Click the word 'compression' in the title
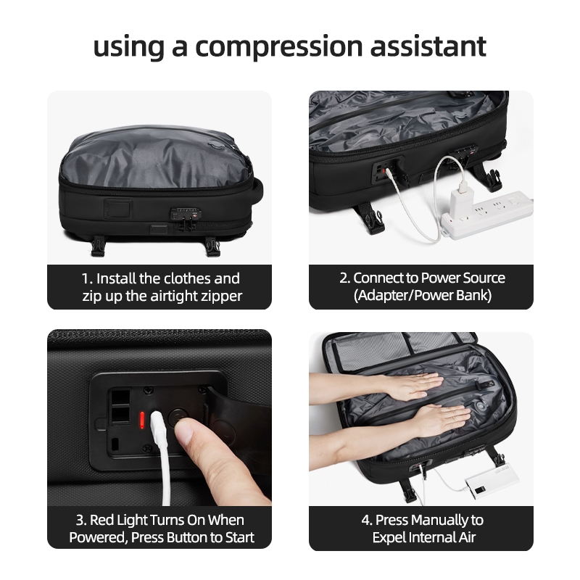tap(279, 47)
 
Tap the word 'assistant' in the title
tap(428, 46)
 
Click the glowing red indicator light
tap(141, 420)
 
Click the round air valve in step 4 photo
tap(481, 406)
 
